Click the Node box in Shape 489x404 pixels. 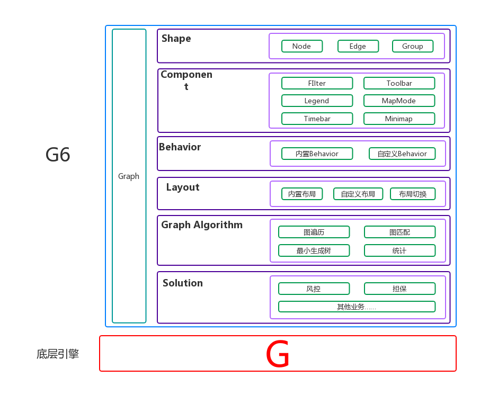point(301,46)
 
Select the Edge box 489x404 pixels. point(358,46)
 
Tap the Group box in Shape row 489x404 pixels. point(412,46)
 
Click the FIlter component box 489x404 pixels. point(317,83)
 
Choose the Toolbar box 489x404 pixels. point(399,83)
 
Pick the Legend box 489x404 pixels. point(317,101)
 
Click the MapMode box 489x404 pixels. point(399,101)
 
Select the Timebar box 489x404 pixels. point(317,119)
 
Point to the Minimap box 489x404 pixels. point(399,119)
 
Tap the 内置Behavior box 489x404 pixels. point(317,154)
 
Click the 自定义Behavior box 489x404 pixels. point(402,154)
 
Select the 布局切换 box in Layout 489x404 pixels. point(412,194)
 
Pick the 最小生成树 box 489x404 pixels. point(314,250)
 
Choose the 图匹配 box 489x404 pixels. point(399,232)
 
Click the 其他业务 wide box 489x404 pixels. point(357,307)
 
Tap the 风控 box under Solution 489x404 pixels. point(314,289)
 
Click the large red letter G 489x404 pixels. point(278,354)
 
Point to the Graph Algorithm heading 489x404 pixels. point(202,225)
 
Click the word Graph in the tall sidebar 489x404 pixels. point(129,176)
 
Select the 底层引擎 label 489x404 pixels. point(58,354)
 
